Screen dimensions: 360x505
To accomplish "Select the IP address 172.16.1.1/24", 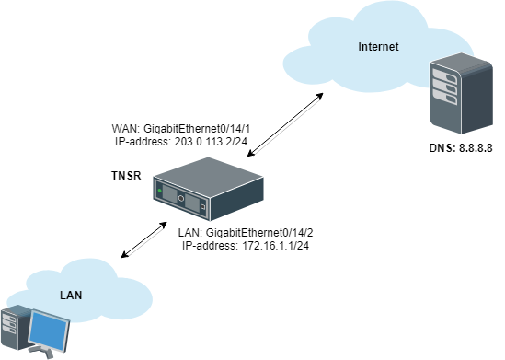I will point(244,247).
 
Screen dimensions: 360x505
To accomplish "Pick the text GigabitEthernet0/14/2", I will point(262,234).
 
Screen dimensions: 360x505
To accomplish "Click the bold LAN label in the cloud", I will point(73,295).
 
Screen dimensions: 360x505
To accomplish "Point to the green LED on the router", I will point(160,192).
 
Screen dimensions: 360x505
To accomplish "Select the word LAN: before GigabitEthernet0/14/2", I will point(190,234).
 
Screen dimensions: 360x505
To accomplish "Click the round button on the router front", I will point(182,199).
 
